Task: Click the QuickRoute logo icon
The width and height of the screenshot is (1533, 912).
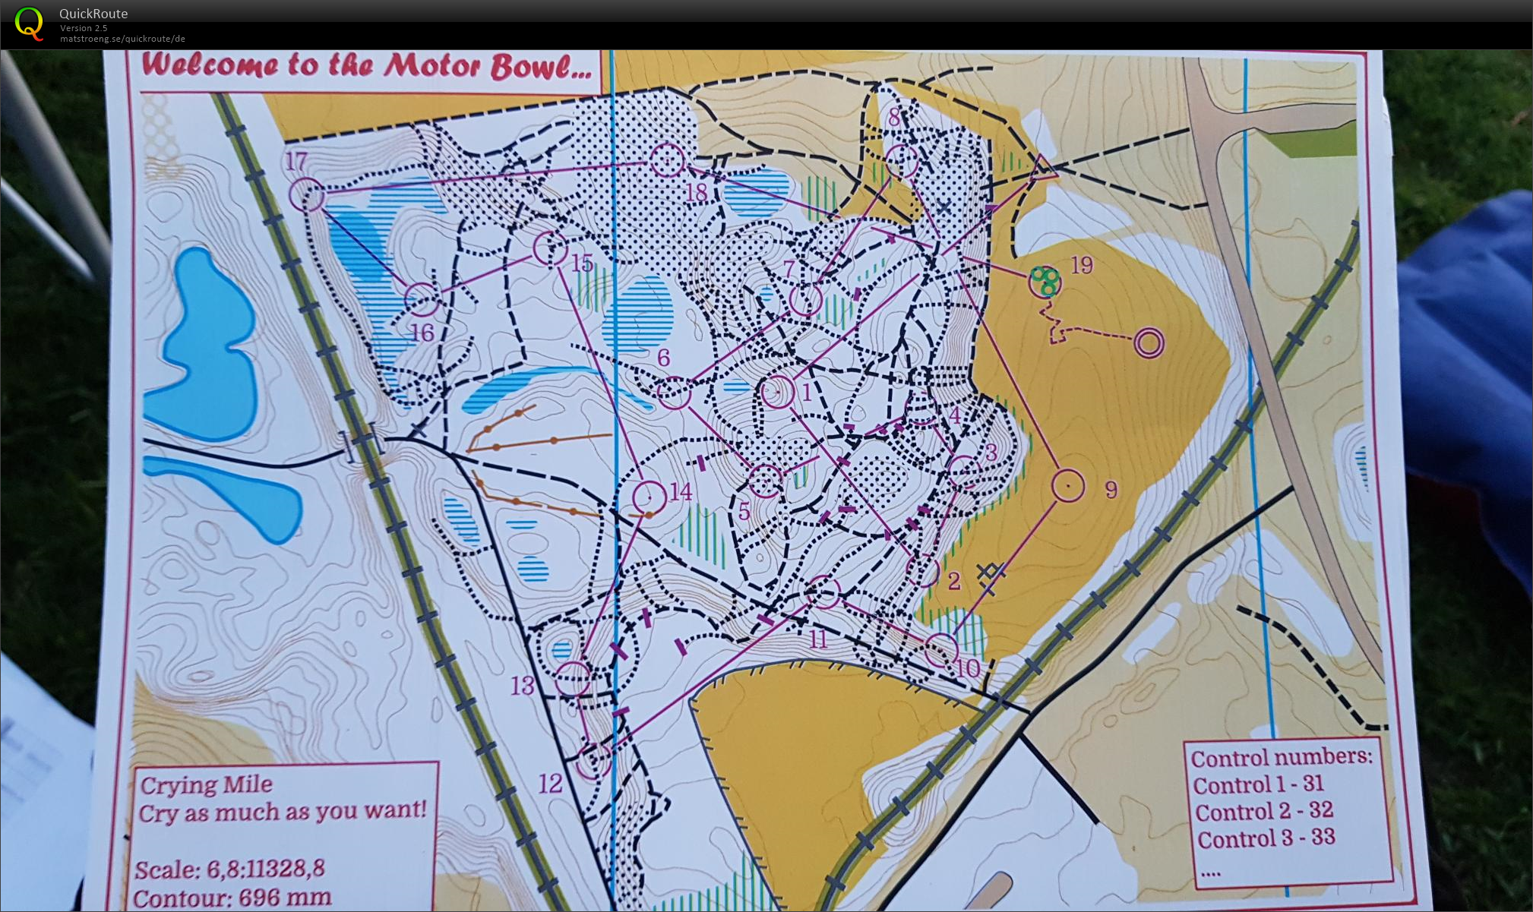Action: (x=29, y=24)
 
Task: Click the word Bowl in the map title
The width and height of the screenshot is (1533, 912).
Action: (x=540, y=67)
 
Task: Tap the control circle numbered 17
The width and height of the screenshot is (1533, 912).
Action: (x=307, y=195)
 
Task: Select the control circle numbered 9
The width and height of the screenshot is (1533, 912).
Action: (x=1068, y=485)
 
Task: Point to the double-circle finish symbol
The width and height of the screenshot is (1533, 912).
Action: (x=1149, y=343)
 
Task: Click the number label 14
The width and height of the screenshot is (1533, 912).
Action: (x=681, y=492)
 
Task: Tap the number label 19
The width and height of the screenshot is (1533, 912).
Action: (x=1082, y=265)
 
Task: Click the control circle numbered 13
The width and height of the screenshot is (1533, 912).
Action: (x=573, y=678)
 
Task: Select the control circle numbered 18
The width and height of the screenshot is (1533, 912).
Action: (x=667, y=160)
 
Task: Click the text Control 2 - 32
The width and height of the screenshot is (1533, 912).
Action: (x=1263, y=811)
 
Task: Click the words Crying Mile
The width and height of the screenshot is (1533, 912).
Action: (x=206, y=784)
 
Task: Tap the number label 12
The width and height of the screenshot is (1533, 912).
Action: (x=550, y=783)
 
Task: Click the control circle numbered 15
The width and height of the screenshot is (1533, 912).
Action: (x=550, y=248)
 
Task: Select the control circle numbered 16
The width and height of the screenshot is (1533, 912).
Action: (x=422, y=299)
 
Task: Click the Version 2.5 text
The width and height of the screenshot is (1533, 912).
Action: (x=84, y=28)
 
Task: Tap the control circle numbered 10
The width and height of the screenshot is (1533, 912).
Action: (x=941, y=649)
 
